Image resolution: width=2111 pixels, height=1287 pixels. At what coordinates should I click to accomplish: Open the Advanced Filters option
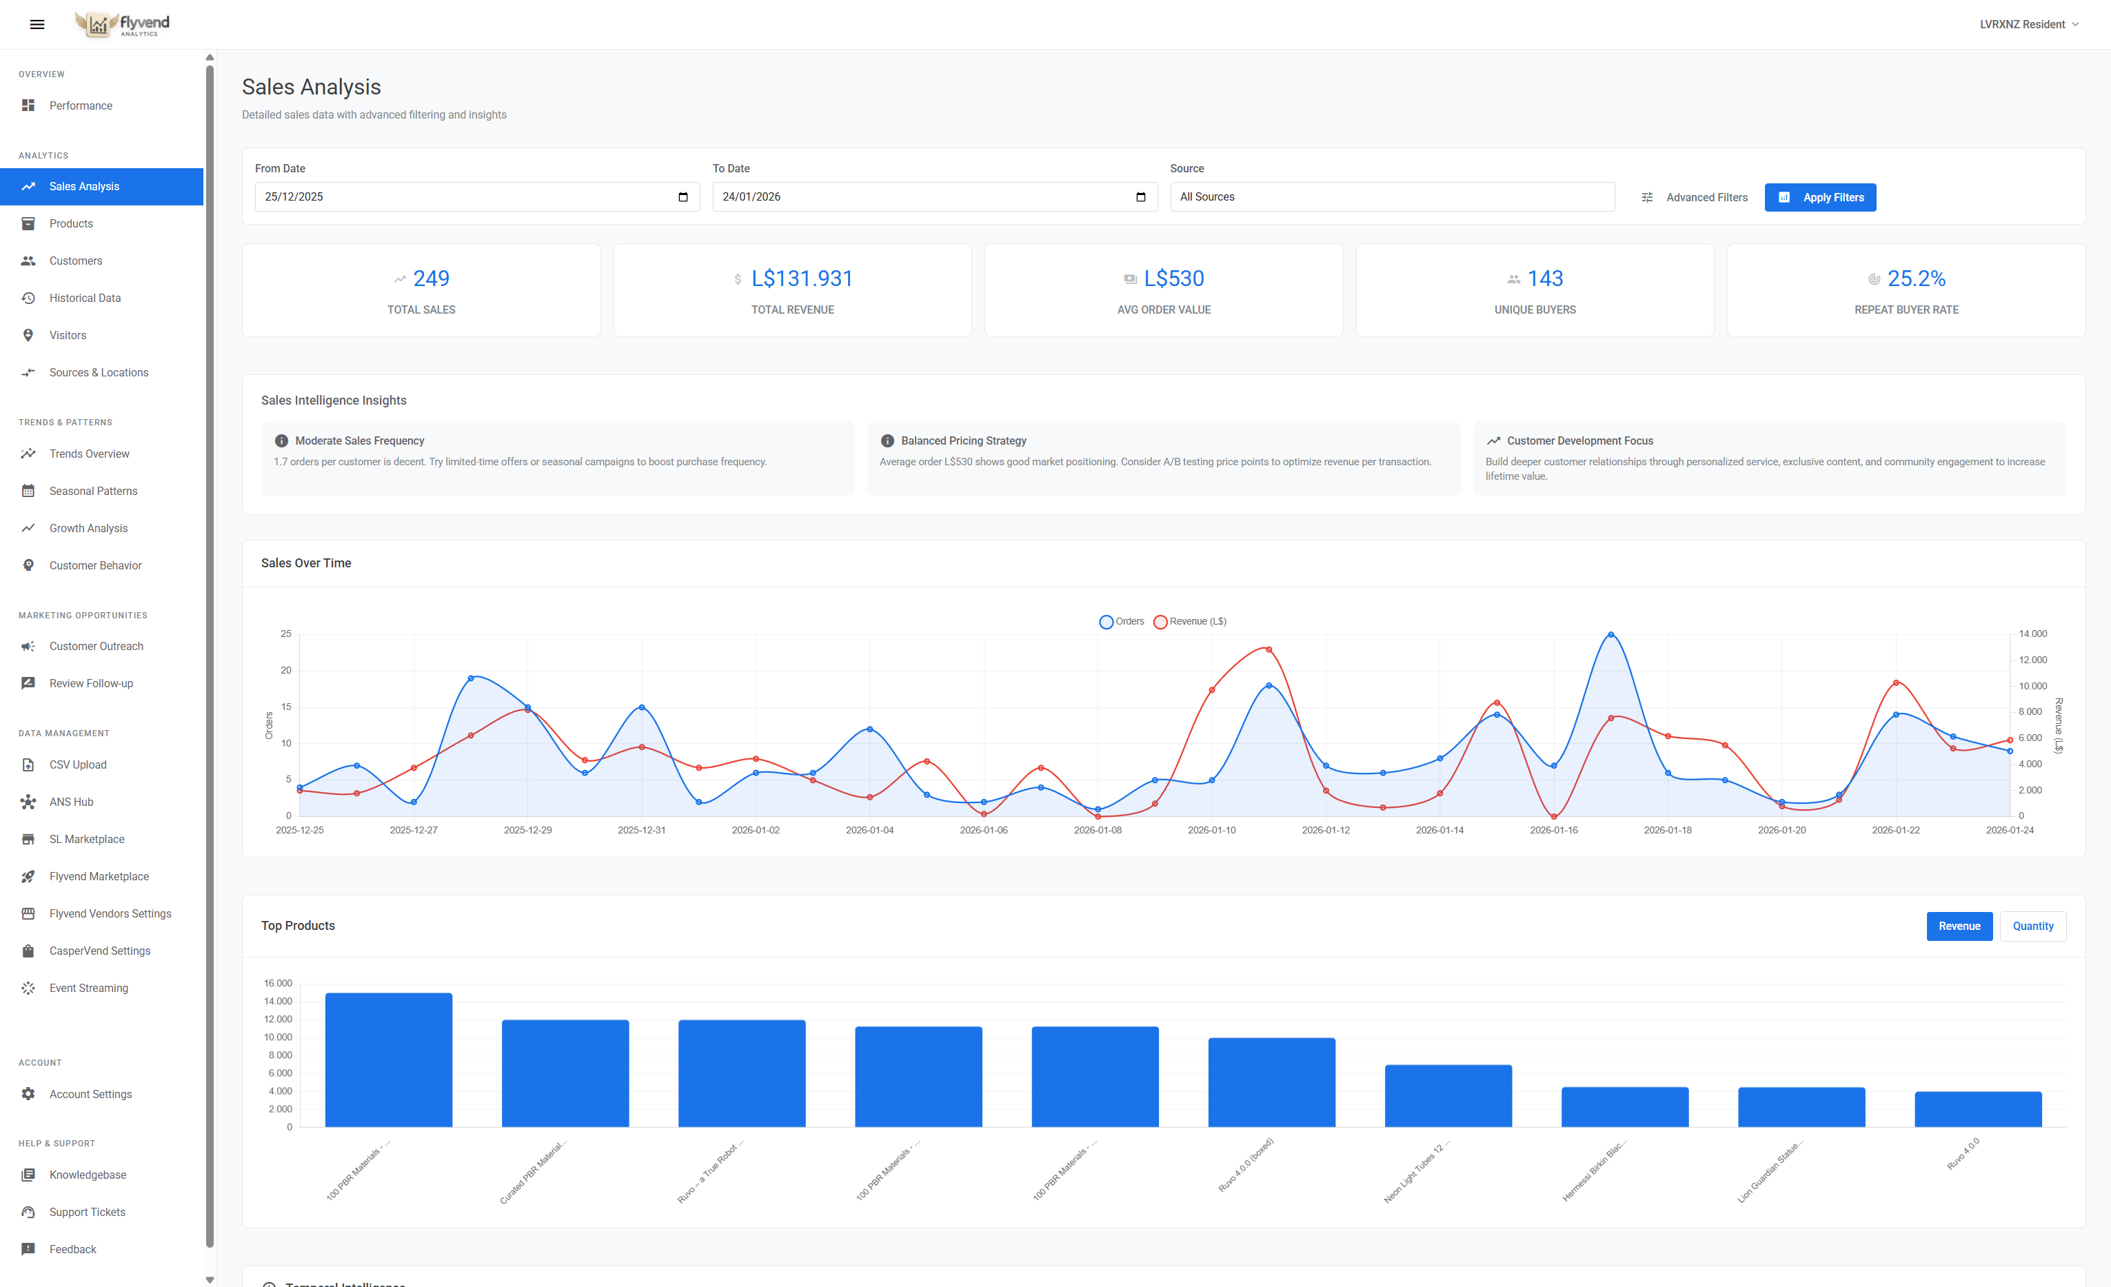[1694, 197]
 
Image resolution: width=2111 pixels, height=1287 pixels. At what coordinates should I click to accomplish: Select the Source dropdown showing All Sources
[1391, 197]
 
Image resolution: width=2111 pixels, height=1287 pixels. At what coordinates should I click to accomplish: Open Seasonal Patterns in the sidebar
[93, 491]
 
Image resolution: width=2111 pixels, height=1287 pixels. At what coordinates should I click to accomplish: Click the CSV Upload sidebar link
[78, 764]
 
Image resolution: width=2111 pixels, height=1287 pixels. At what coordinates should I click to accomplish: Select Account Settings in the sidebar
[91, 1094]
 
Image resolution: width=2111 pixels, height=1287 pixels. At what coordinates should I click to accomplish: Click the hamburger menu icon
[37, 24]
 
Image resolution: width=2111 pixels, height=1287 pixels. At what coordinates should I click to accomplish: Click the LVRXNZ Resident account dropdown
[2028, 24]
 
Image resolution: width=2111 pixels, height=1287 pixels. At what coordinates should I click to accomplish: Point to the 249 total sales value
[431, 278]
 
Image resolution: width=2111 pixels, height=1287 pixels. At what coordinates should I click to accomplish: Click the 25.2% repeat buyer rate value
[1916, 278]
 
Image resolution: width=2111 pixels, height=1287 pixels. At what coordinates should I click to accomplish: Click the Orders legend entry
[1122, 621]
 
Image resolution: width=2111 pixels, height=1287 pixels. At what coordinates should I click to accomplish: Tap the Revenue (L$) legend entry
[1190, 621]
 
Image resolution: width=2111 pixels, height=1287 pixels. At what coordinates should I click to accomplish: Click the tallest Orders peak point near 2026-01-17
[1610, 635]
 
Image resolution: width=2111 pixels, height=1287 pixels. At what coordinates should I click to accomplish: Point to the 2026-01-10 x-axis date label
[1211, 830]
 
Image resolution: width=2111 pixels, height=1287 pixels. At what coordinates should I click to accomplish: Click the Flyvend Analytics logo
[123, 24]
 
